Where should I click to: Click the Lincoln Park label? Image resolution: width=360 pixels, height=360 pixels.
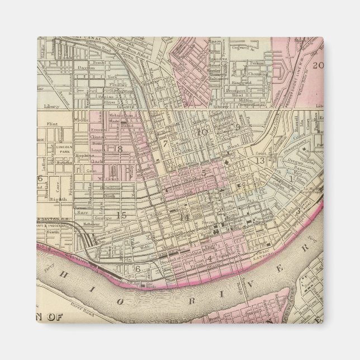click(x=62, y=149)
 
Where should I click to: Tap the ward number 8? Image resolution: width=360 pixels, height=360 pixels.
click(x=119, y=149)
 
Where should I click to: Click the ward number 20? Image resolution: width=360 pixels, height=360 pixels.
click(x=318, y=65)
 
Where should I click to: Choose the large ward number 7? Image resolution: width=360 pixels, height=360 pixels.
click(x=165, y=144)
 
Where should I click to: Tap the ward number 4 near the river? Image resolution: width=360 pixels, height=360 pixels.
click(x=209, y=258)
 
